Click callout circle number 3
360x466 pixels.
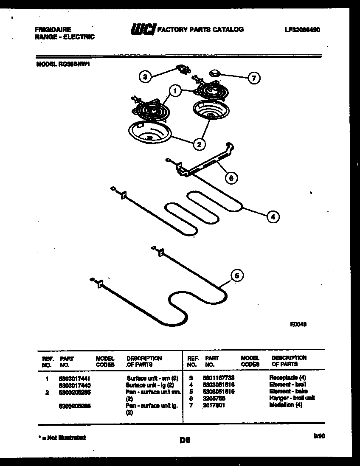tap(145, 77)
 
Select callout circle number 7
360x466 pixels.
tap(254, 78)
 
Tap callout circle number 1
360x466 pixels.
tap(174, 90)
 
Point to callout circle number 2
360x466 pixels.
tap(198, 144)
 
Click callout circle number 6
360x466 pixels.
tap(231, 178)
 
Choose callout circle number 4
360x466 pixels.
tap(273, 217)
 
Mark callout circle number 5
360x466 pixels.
tap(237, 276)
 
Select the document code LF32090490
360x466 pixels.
tap(302, 30)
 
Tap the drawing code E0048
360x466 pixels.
tap(298, 324)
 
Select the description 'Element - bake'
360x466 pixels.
tap(288, 391)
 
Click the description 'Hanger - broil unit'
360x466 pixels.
tap(292, 398)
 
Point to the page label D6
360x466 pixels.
tap(184, 441)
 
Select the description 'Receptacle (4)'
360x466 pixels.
tap(287, 377)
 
